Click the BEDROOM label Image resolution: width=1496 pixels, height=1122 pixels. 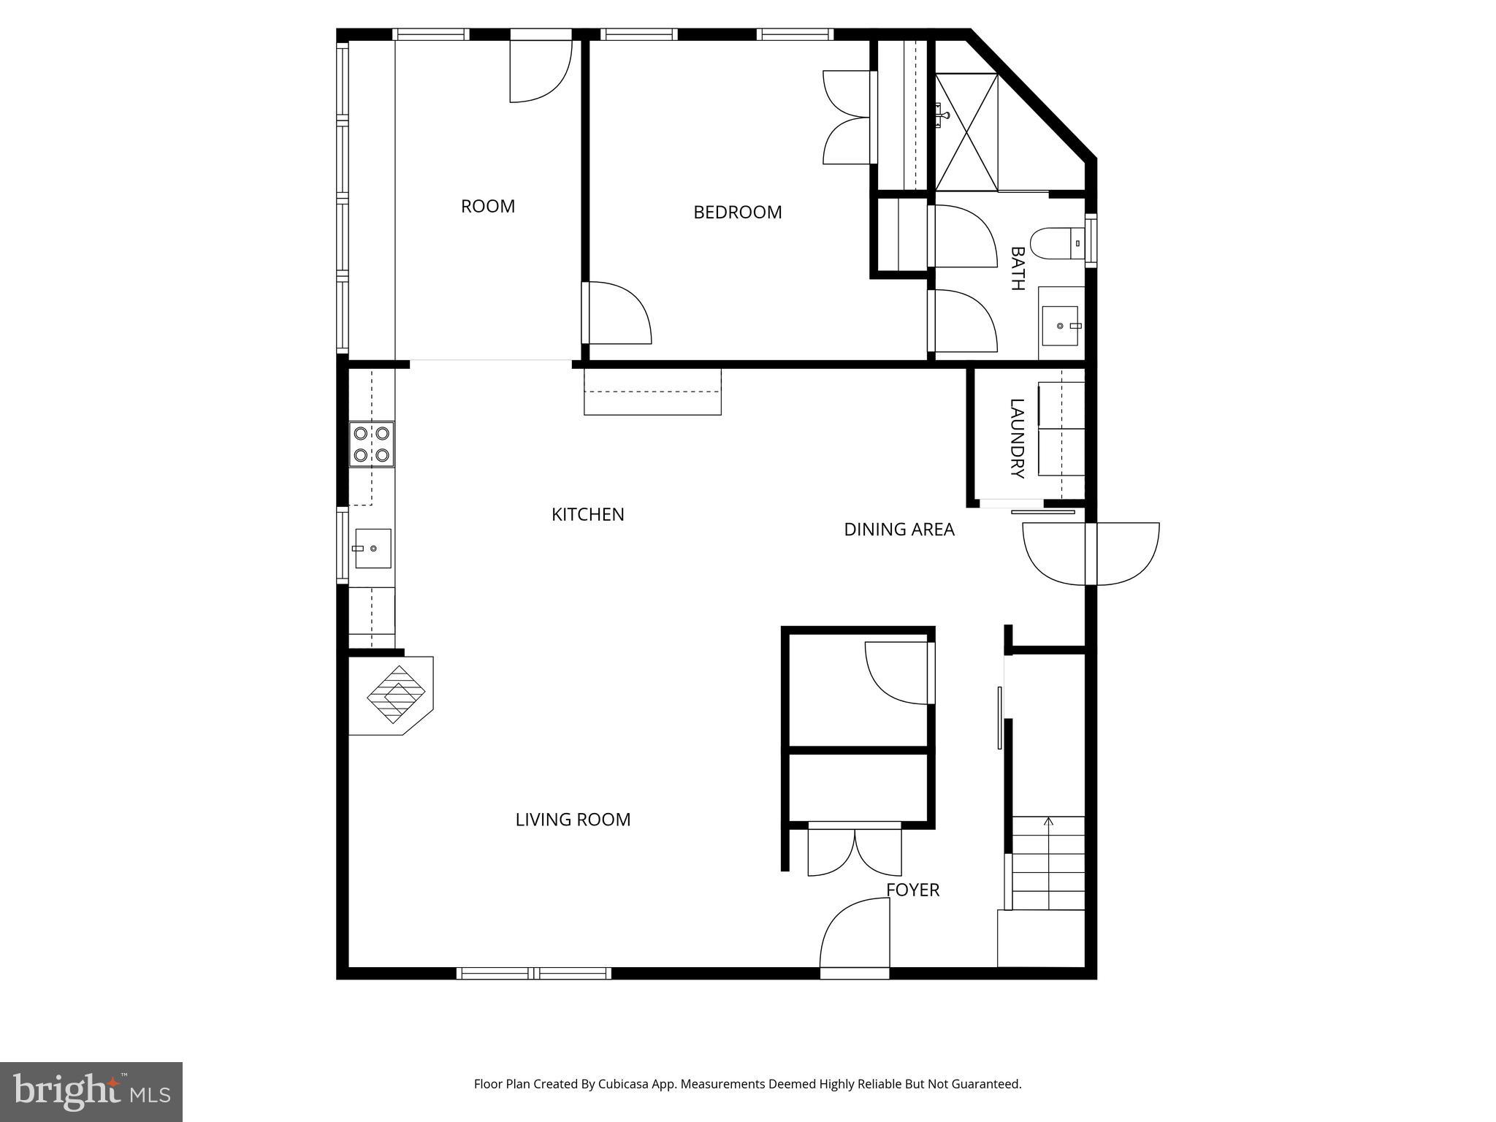(x=737, y=213)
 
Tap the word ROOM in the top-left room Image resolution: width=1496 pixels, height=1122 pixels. (x=488, y=207)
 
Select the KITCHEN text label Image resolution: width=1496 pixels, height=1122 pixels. (x=587, y=515)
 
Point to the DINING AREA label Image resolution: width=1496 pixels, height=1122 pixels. (x=898, y=530)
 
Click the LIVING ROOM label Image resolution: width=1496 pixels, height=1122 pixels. (x=573, y=820)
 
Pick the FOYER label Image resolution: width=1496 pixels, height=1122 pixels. (x=912, y=890)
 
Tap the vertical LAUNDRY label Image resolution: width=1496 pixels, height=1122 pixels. (x=1016, y=438)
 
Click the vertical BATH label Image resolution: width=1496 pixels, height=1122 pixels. (x=1016, y=269)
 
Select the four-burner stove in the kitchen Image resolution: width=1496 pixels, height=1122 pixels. (x=371, y=444)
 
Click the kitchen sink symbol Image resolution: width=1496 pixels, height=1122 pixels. (x=373, y=549)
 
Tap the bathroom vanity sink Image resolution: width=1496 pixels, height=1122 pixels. (x=1060, y=326)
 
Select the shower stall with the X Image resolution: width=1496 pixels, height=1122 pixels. (x=966, y=132)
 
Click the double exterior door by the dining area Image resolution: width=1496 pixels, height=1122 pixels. (x=1091, y=554)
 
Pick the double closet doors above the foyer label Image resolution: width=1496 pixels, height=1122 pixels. (x=855, y=851)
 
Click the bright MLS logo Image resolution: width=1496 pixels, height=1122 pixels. (x=91, y=1091)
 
